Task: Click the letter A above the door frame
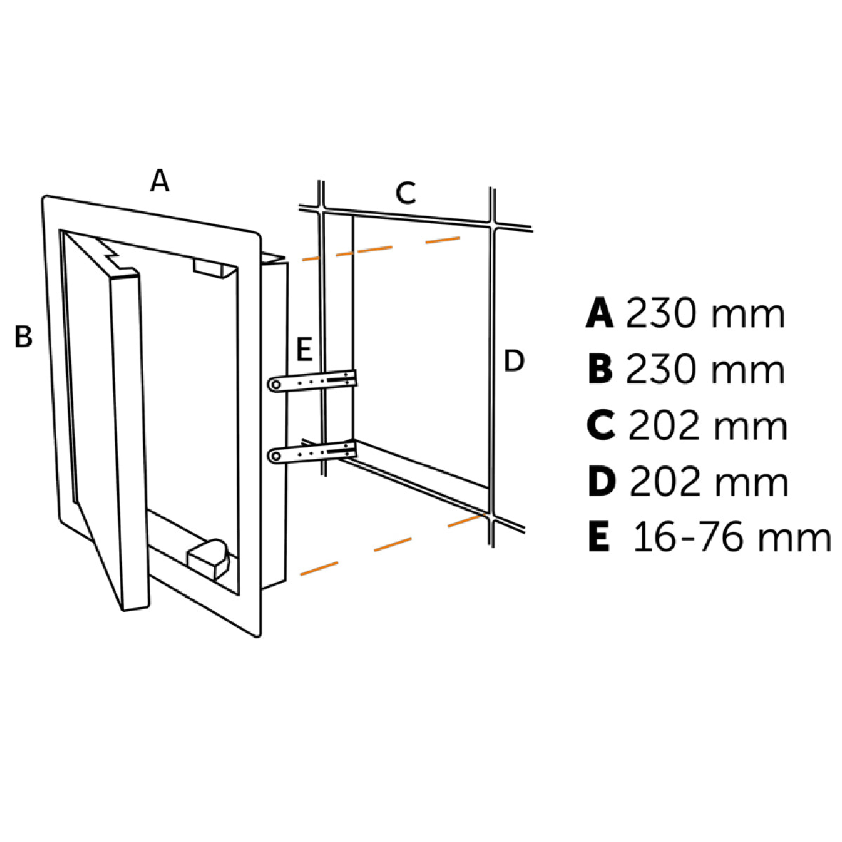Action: pyautogui.click(x=160, y=181)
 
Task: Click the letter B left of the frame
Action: pyautogui.click(x=24, y=337)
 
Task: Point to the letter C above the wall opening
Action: pyautogui.click(x=406, y=192)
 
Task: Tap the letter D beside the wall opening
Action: pyautogui.click(x=514, y=362)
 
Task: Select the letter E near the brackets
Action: pyautogui.click(x=304, y=349)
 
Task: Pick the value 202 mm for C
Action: pyautogui.click(x=707, y=426)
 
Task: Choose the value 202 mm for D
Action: pyautogui.click(x=709, y=482)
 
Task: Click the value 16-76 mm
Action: pyautogui.click(x=731, y=538)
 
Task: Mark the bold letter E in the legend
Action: pyautogui.click(x=599, y=538)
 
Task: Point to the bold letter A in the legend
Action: pyautogui.click(x=600, y=314)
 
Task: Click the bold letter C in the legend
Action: pyautogui.click(x=601, y=426)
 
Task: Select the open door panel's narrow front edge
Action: pyautogui.click(x=129, y=442)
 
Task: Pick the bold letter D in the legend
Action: pyautogui.click(x=601, y=482)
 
